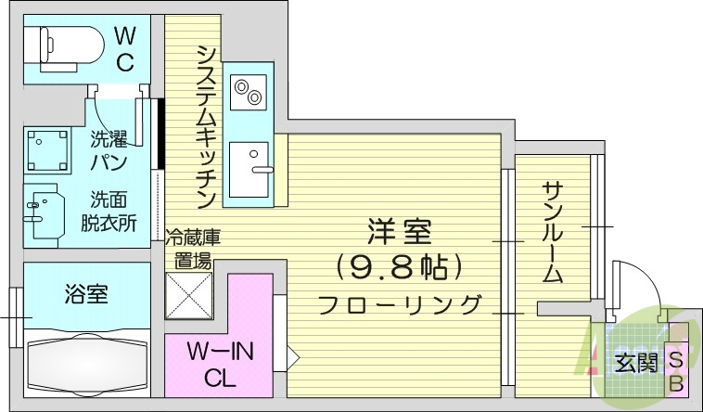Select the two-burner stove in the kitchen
(x=248, y=92)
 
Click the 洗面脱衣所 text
(x=113, y=211)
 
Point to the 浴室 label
(x=87, y=295)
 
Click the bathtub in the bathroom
(x=86, y=364)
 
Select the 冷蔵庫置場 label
(x=193, y=249)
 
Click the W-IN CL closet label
(x=221, y=365)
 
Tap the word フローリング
(x=400, y=303)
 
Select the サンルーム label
(x=553, y=232)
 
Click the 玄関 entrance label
(x=633, y=363)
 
